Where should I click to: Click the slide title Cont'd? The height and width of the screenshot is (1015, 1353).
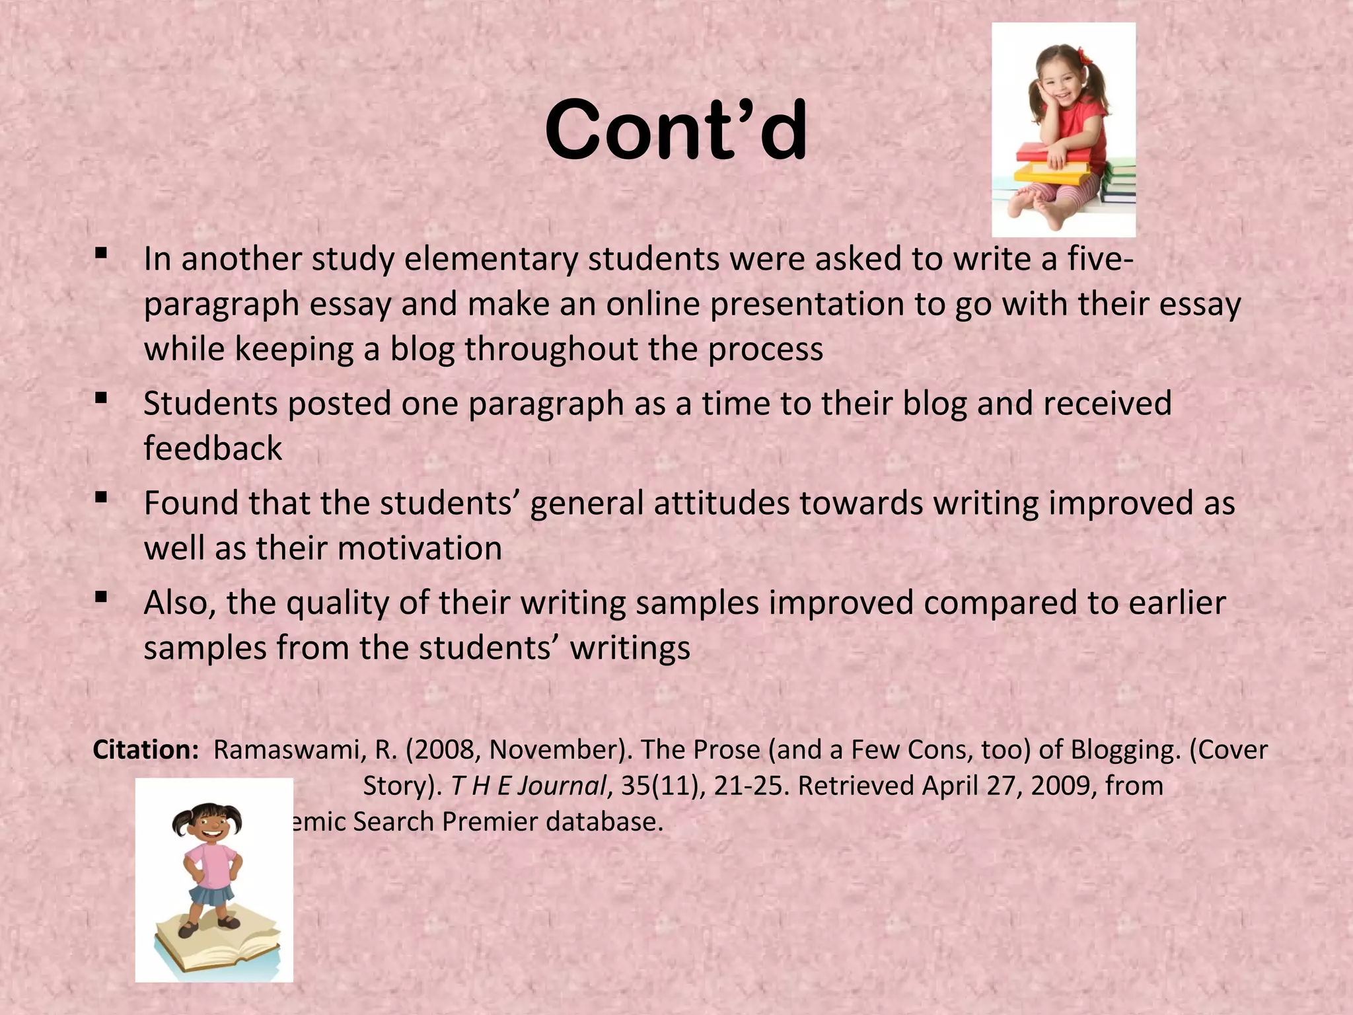point(675,130)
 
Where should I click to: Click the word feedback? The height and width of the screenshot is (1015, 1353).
point(213,448)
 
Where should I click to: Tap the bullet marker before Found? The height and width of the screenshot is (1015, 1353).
point(101,497)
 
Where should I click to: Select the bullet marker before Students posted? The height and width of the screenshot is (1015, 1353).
point(101,397)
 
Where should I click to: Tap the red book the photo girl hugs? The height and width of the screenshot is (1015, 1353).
point(1050,154)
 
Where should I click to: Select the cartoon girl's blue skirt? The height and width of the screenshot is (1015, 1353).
point(211,895)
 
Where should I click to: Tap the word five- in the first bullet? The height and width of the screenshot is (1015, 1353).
point(1101,258)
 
